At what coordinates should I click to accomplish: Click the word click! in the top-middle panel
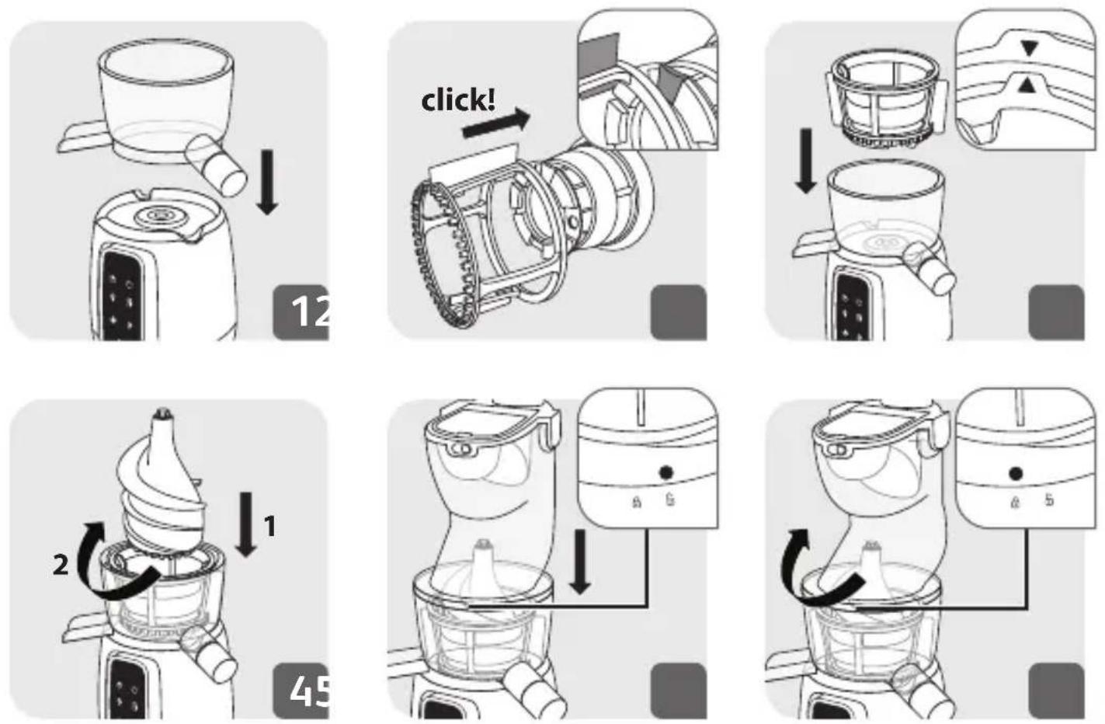pos(458,101)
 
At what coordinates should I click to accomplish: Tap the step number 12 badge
pos(301,312)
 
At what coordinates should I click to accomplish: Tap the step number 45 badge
pos(301,691)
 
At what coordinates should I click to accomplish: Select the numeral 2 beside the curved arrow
pos(61,565)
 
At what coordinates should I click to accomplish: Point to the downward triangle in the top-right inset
pos(1030,48)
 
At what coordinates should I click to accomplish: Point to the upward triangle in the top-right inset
pos(1027,86)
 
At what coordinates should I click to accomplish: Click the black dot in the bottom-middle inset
pos(665,473)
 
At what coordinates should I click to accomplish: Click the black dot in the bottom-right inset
pos(1015,474)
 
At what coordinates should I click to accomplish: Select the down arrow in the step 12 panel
pos(267,183)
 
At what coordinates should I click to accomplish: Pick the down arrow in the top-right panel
pos(806,161)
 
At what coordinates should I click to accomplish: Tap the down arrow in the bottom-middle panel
pos(580,562)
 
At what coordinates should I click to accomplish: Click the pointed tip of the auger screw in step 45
pos(161,411)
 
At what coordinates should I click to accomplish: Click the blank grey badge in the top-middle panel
pos(679,312)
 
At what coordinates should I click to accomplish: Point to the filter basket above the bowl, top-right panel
pos(887,99)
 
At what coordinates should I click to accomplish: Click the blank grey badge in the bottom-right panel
pos(1057,691)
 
